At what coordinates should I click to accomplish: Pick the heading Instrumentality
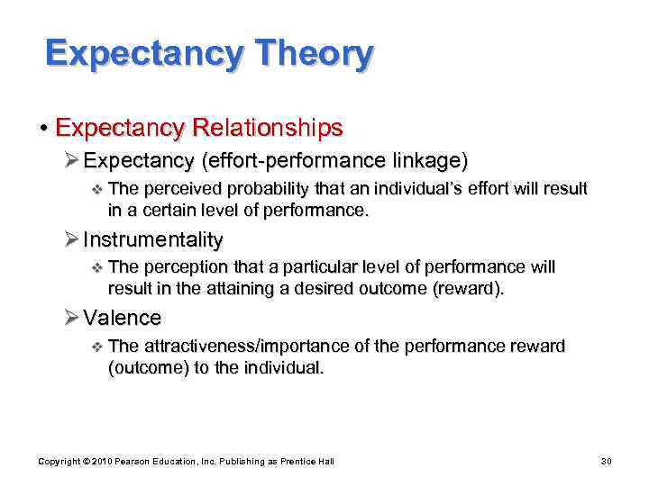[152, 239]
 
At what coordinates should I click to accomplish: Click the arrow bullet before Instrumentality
[72, 240]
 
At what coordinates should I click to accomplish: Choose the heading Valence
[122, 318]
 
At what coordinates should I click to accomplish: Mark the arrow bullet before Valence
[72, 319]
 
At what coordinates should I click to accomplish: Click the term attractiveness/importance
[254, 346]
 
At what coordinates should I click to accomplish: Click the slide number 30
[606, 461]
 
